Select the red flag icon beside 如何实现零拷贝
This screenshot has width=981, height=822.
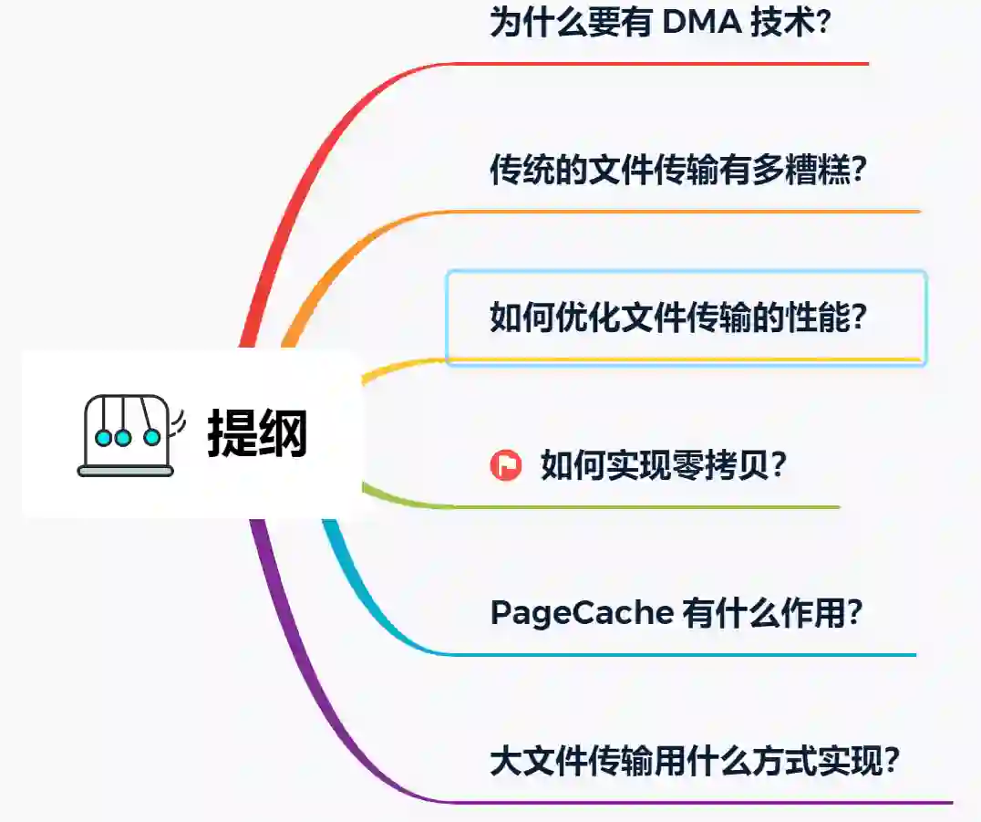pos(505,465)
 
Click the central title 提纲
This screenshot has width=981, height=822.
pos(257,433)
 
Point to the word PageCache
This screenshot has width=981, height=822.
pos(581,613)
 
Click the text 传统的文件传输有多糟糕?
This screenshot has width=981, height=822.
pos(677,171)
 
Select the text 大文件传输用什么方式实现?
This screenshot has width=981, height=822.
pos(696,760)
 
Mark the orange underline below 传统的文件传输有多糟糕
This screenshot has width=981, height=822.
pos(684,212)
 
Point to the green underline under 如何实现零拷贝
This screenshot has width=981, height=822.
pos(638,507)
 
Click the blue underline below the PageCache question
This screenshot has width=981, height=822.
pos(675,655)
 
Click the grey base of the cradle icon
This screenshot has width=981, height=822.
pos(126,471)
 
